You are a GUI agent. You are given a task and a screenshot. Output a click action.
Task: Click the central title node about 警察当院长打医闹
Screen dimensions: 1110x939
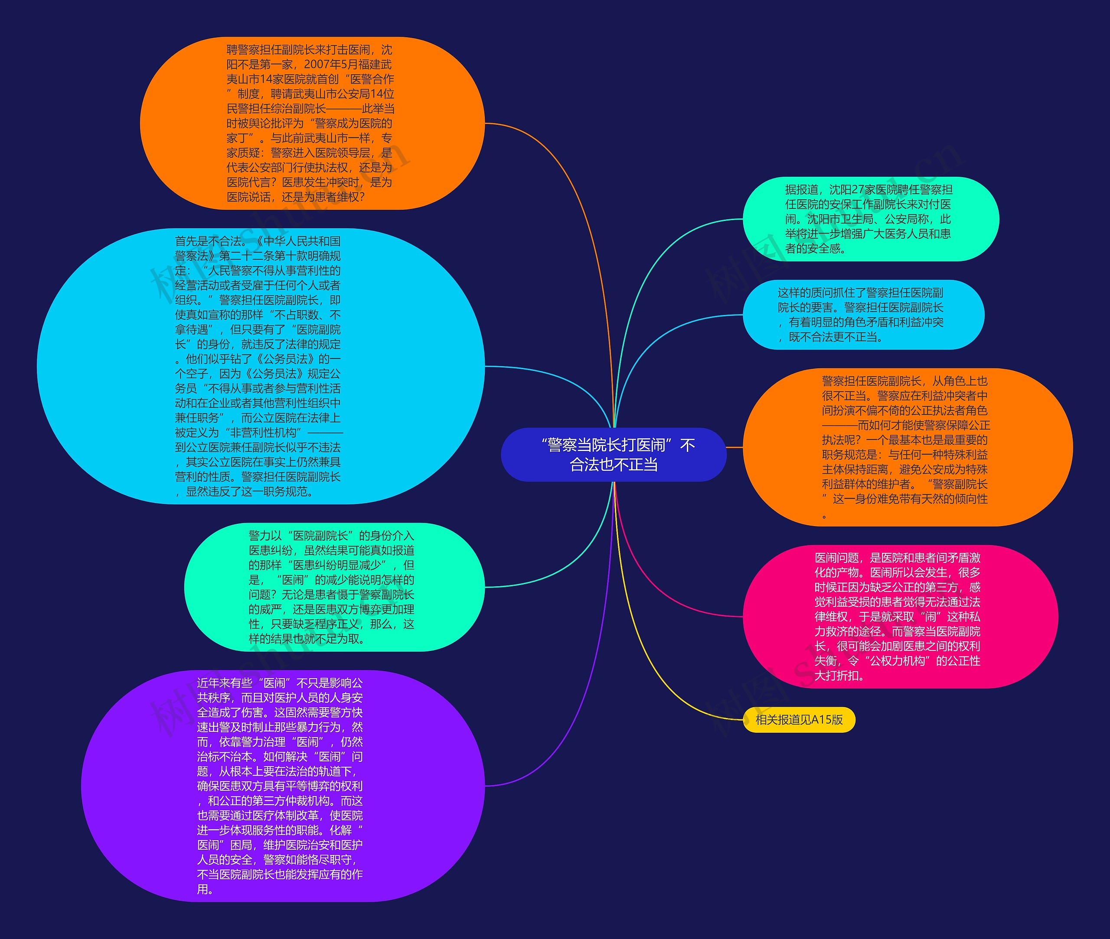click(x=614, y=455)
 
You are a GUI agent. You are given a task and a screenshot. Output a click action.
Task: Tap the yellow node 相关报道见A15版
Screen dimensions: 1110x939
click(x=799, y=720)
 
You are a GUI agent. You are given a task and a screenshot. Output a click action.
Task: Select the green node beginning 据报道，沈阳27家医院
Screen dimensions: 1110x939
click(x=870, y=219)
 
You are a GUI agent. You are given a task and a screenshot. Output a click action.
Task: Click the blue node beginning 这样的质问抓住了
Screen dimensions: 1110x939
click(x=863, y=315)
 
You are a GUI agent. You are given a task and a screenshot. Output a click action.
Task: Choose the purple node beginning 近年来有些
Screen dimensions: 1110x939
click(x=282, y=785)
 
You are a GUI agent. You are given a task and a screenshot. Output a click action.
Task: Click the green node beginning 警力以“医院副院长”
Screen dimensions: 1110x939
click(x=334, y=587)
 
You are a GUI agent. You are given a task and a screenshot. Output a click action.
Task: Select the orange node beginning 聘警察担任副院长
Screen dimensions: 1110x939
click(x=312, y=123)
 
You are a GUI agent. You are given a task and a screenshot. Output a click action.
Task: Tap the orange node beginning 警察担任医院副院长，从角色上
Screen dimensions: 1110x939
click(x=907, y=447)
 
